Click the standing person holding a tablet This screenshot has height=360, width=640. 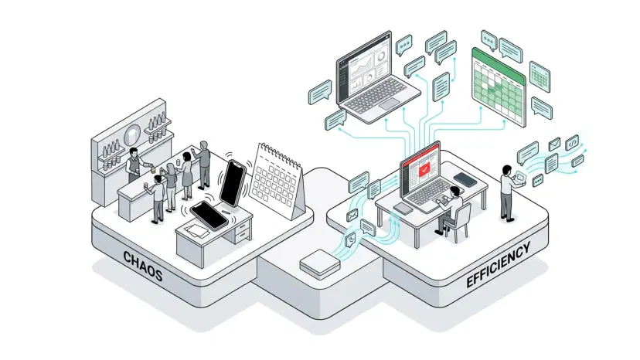tap(507, 189)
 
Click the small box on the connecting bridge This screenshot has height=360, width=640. tap(319, 265)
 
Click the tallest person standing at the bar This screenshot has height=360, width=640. tap(204, 164)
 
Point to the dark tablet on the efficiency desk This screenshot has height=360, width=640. tap(465, 180)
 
